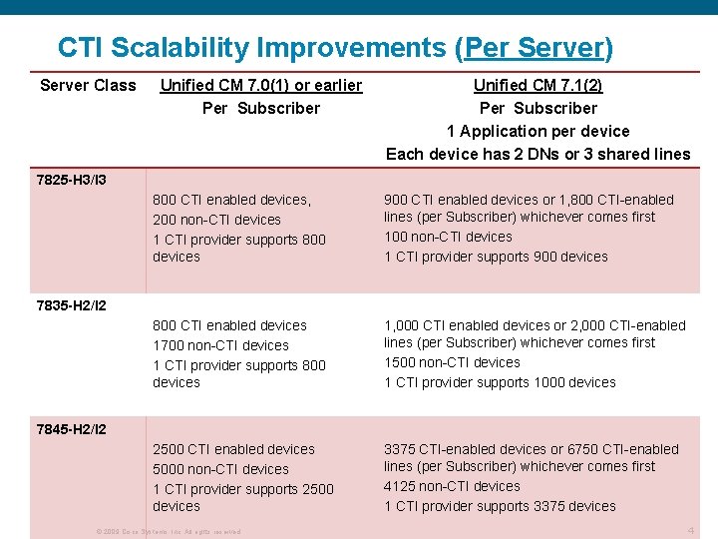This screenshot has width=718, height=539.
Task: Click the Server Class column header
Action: click(x=88, y=85)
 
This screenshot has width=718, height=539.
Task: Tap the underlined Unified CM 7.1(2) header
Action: click(x=538, y=85)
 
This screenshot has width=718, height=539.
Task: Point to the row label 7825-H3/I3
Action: click(x=71, y=181)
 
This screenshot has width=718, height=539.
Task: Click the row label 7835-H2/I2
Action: click(x=71, y=304)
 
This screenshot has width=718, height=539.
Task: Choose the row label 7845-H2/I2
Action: click(x=71, y=429)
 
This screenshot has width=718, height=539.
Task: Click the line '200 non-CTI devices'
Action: click(x=216, y=220)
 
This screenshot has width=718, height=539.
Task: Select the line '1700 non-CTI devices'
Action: click(x=220, y=345)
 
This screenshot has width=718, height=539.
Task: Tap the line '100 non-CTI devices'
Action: click(x=448, y=237)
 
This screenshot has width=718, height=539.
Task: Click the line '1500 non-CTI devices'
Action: click(x=452, y=362)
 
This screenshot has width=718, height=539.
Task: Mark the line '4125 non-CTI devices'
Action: click(x=452, y=486)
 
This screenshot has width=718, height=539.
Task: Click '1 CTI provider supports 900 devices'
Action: click(x=496, y=257)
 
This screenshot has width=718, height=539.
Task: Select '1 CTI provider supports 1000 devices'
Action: click(x=500, y=382)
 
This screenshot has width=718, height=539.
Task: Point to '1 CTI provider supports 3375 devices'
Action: click(x=500, y=506)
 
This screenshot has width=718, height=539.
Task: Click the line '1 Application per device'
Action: click(x=538, y=131)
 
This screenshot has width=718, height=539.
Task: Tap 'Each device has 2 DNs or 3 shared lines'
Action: click(x=538, y=154)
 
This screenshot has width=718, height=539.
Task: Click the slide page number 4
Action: click(x=691, y=531)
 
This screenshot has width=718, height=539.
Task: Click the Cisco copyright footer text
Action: click(x=168, y=532)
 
